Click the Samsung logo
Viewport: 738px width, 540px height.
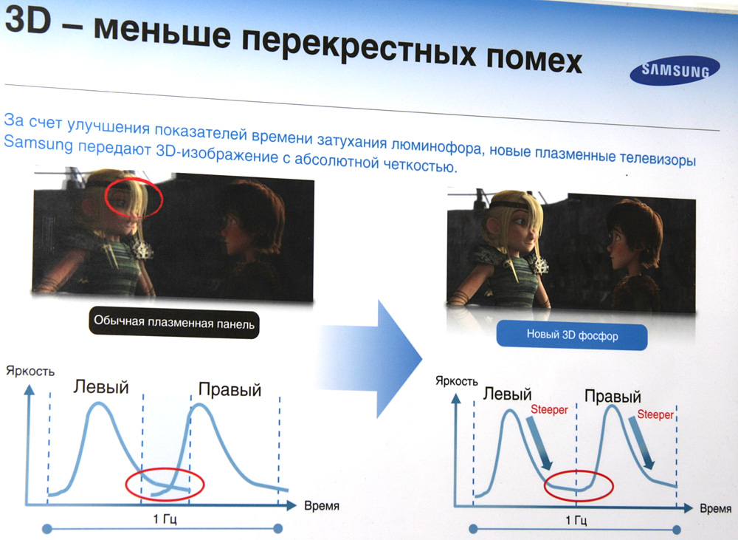click(x=675, y=70)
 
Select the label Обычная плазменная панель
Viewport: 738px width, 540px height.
click(x=173, y=324)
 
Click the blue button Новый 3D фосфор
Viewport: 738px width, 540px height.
click(x=572, y=335)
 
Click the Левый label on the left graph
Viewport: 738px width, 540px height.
click(x=100, y=387)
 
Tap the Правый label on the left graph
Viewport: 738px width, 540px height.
click(x=230, y=390)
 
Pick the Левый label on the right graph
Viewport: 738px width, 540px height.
click(x=508, y=394)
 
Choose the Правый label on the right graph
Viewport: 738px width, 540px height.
click(x=613, y=396)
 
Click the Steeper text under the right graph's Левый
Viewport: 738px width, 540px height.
click(x=549, y=409)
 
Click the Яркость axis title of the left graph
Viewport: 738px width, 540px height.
click(x=30, y=372)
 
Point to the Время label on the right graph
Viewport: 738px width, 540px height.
click(x=715, y=508)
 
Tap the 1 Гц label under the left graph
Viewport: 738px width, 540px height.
click(x=165, y=519)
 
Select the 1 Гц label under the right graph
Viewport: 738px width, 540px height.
click(x=575, y=520)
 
